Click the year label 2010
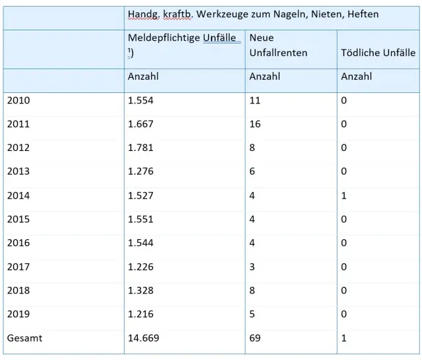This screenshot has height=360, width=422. click(x=18, y=100)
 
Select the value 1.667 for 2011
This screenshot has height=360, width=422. click(x=140, y=124)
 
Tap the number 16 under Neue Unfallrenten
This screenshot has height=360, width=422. click(x=255, y=124)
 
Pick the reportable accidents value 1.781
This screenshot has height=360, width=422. click(x=140, y=148)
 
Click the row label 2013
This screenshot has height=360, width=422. click(x=18, y=171)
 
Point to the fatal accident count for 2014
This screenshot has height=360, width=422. click(x=344, y=196)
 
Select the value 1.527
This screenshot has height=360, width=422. click(x=140, y=196)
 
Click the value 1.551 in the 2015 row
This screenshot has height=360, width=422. click(x=140, y=220)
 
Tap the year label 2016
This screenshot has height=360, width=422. click(x=18, y=243)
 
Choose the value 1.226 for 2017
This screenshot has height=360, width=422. click(x=140, y=267)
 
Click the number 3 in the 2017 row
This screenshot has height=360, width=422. click(x=252, y=267)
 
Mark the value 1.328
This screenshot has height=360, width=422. click(x=140, y=291)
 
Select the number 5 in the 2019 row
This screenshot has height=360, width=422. click(x=252, y=314)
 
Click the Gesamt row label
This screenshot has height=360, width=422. click(x=24, y=338)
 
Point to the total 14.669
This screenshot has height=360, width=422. click(x=144, y=338)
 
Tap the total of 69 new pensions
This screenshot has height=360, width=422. click(x=255, y=338)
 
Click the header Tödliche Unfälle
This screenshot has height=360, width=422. click(x=378, y=53)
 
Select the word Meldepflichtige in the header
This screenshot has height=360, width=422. click(x=164, y=38)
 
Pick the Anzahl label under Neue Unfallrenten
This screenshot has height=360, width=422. click(x=264, y=76)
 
